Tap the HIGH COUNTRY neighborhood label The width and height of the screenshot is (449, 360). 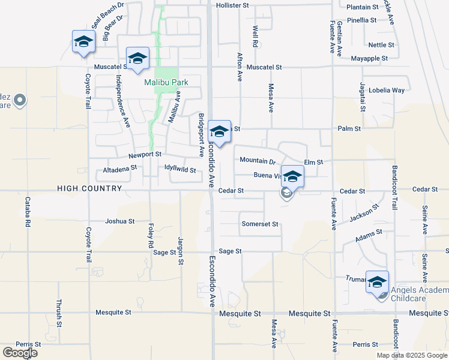pos(89,188)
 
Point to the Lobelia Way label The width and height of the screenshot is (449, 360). pos(387,91)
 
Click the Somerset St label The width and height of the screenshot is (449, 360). pos(260,224)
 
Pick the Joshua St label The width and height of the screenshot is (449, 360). pos(119,221)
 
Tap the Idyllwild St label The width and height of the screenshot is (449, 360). pos(180,170)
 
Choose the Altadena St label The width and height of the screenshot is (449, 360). pos(120,170)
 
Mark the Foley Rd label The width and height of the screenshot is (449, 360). pos(150,236)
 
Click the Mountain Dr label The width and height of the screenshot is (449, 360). pos(257,161)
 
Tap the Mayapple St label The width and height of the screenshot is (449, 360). pos(369,59)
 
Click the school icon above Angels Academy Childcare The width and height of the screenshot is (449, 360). pos(377,281)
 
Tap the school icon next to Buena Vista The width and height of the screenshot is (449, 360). pos(292,176)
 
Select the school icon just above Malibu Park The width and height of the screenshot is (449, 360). pos(137,58)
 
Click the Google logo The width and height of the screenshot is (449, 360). pos(20,353)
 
